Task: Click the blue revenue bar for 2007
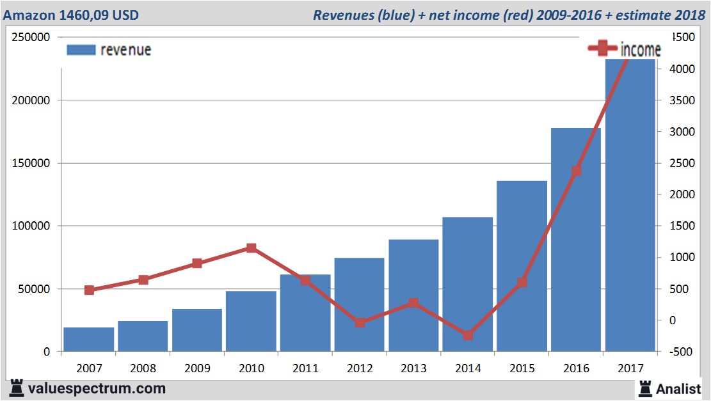[89, 340]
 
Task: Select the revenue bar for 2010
[251, 321]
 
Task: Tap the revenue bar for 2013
[413, 295]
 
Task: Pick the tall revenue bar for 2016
[576, 240]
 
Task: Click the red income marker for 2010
[252, 248]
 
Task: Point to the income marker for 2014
[468, 335]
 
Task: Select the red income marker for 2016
[576, 171]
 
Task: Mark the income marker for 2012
[360, 322]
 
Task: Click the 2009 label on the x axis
[197, 369]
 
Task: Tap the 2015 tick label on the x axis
[522, 369]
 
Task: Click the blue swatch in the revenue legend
[81, 50]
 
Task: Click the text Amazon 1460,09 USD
[71, 15]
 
